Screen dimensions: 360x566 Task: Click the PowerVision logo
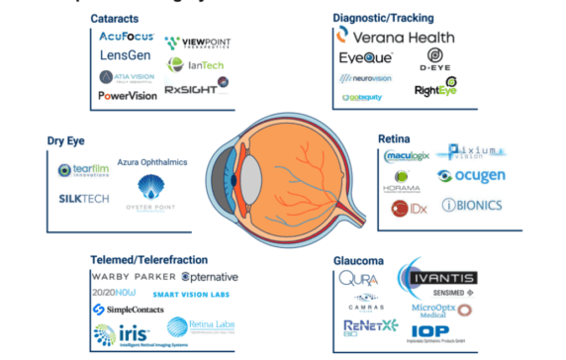click(x=128, y=96)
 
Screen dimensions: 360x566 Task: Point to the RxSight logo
click(x=195, y=89)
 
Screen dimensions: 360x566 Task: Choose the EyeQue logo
click(x=366, y=58)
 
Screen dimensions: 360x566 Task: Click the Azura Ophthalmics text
click(x=153, y=161)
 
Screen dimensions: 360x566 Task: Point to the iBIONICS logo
click(x=471, y=205)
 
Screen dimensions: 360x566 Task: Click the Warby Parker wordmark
click(x=134, y=276)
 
